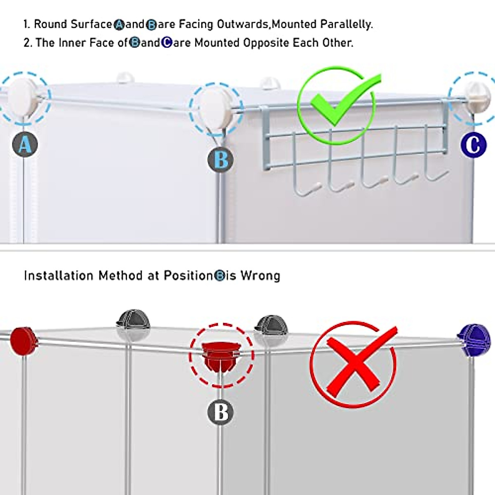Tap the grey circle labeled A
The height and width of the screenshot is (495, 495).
[x=25, y=144]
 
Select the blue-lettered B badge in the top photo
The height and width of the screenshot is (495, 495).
[x=221, y=160]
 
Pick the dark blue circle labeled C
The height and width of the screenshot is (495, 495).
[x=473, y=145]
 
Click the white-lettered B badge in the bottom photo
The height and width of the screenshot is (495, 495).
[x=221, y=412]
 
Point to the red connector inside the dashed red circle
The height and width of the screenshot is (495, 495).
[x=221, y=356]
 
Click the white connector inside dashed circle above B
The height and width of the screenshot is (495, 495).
[x=215, y=108]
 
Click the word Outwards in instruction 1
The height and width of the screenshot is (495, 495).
[x=243, y=24]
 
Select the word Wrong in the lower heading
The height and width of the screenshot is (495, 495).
[x=260, y=276]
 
